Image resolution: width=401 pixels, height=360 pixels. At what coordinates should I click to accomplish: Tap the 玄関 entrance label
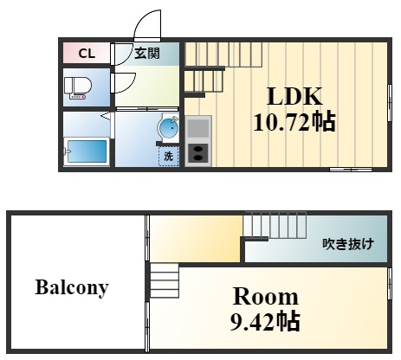click(x=146, y=54)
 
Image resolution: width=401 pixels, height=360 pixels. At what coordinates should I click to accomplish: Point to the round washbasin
click(x=167, y=128)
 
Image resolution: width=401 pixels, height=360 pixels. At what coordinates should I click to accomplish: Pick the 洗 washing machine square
click(x=169, y=157)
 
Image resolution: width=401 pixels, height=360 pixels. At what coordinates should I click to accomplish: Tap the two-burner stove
click(x=198, y=154)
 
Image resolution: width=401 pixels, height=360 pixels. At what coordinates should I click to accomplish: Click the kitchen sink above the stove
click(x=197, y=129)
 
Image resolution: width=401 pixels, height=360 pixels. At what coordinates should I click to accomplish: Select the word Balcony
click(x=72, y=287)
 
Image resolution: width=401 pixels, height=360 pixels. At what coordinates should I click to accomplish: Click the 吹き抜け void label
click(x=347, y=243)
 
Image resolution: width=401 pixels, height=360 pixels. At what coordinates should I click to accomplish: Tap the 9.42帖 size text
click(x=265, y=323)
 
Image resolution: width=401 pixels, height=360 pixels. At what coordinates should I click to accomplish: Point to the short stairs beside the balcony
click(x=164, y=283)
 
